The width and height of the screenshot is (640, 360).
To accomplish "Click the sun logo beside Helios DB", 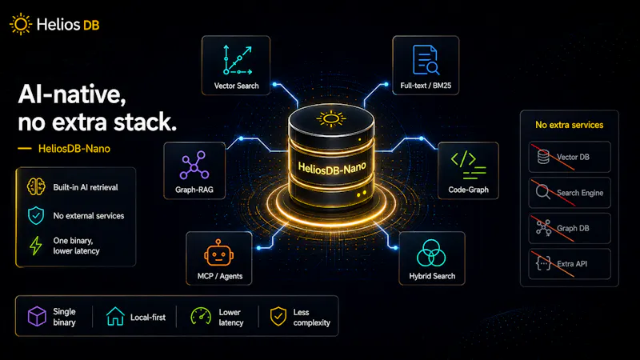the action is [x=21, y=24].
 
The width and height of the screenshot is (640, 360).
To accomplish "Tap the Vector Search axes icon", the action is [x=238, y=60].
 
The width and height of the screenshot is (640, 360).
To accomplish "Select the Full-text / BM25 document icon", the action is [x=426, y=60].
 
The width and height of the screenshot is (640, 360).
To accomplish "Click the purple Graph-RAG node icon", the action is [x=194, y=165].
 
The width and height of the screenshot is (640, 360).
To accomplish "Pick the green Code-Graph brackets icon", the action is [x=468, y=166].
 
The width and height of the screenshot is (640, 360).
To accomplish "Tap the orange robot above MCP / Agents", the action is [x=218, y=253].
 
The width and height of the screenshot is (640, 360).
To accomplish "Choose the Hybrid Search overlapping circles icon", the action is [x=431, y=253].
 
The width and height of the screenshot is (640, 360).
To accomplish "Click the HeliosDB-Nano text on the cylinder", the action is [x=332, y=168].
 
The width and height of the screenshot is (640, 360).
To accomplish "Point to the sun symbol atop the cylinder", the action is [x=331, y=118].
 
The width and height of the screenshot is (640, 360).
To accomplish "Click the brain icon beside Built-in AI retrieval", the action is [x=36, y=187].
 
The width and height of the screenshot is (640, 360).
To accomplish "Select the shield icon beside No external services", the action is [x=36, y=215].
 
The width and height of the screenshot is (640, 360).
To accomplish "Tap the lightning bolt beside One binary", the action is [x=36, y=246].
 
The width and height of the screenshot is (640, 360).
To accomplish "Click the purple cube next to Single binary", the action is [x=37, y=316].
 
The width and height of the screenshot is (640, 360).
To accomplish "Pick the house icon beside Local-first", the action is [x=115, y=316].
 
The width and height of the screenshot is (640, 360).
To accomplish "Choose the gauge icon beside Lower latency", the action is [x=201, y=316].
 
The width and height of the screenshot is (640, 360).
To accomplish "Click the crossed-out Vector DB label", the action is [x=573, y=157].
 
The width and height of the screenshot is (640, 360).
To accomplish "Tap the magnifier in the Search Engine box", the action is [x=543, y=192].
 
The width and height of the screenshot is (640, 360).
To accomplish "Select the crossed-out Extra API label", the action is [x=572, y=264].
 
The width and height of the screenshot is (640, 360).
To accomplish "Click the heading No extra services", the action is [x=569, y=125].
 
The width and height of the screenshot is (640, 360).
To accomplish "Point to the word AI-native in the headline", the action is [x=72, y=94].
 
